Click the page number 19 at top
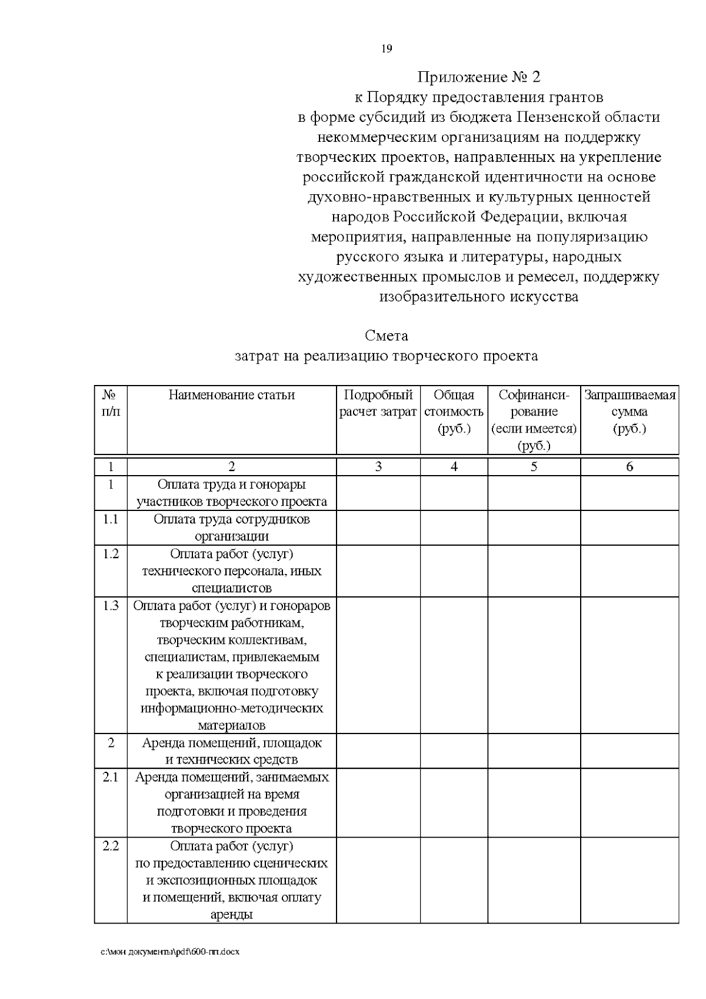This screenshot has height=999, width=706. pyautogui.click(x=387, y=49)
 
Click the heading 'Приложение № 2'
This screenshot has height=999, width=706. pyautogui.click(x=478, y=77)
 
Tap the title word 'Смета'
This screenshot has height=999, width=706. pyautogui.click(x=386, y=336)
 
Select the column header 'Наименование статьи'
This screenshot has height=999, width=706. pyautogui.click(x=232, y=395)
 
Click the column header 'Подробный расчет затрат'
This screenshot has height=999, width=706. pyautogui.click(x=378, y=403)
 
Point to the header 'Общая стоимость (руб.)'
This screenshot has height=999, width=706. pyautogui.click(x=454, y=411)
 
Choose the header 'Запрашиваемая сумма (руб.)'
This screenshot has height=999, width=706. pyautogui.click(x=630, y=411)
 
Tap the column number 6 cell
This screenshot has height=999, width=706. pyautogui.click(x=630, y=467)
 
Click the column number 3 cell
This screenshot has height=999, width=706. pyautogui.click(x=378, y=467)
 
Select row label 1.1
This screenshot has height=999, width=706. pyautogui.click(x=111, y=519)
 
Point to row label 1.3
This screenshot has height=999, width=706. pyautogui.click(x=111, y=606)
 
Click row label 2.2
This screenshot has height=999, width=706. pyautogui.click(x=111, y=847)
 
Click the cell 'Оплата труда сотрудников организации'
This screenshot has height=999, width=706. pyautogui.click(x=232, y=527)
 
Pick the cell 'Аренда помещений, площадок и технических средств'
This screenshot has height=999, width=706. pyautogui.click(x=232, y=751)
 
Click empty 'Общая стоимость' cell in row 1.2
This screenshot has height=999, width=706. pyautogui.click(x=454, y=570)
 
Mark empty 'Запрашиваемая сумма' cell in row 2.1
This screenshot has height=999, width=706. pyautogui.click(x=630, y=802)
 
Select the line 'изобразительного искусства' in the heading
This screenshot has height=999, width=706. pyautogui.click(x=478, y=297)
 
